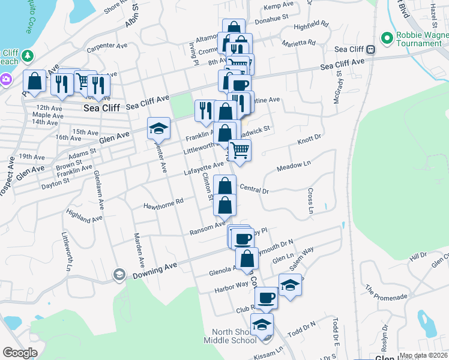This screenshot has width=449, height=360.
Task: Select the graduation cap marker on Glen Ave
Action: (x=159, y=128)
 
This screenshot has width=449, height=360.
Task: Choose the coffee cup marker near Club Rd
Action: (x=267, y=297)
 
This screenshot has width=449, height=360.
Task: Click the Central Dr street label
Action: (x=253, y=189)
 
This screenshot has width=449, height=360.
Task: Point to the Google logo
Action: (x=20, y=353)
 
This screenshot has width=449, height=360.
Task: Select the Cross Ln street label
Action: (x=311, y=201)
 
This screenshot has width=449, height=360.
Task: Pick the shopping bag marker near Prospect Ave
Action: (x=35, y=80)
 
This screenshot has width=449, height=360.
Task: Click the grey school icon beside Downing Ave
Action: (x=119, y=275)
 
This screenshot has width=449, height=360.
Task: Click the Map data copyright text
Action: (x=423, y=355)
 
